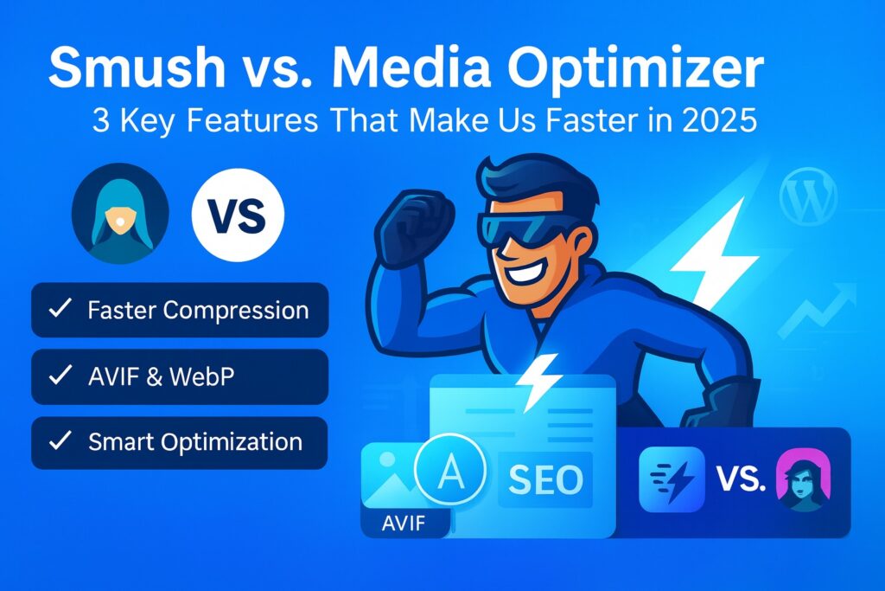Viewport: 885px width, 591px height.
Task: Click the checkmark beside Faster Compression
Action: (x=60, y=310)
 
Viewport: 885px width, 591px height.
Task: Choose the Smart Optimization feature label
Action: (x=195, y=442)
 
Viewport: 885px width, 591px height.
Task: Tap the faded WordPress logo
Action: (x=807, y=198)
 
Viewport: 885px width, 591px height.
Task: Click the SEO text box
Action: (x=544, y=479)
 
